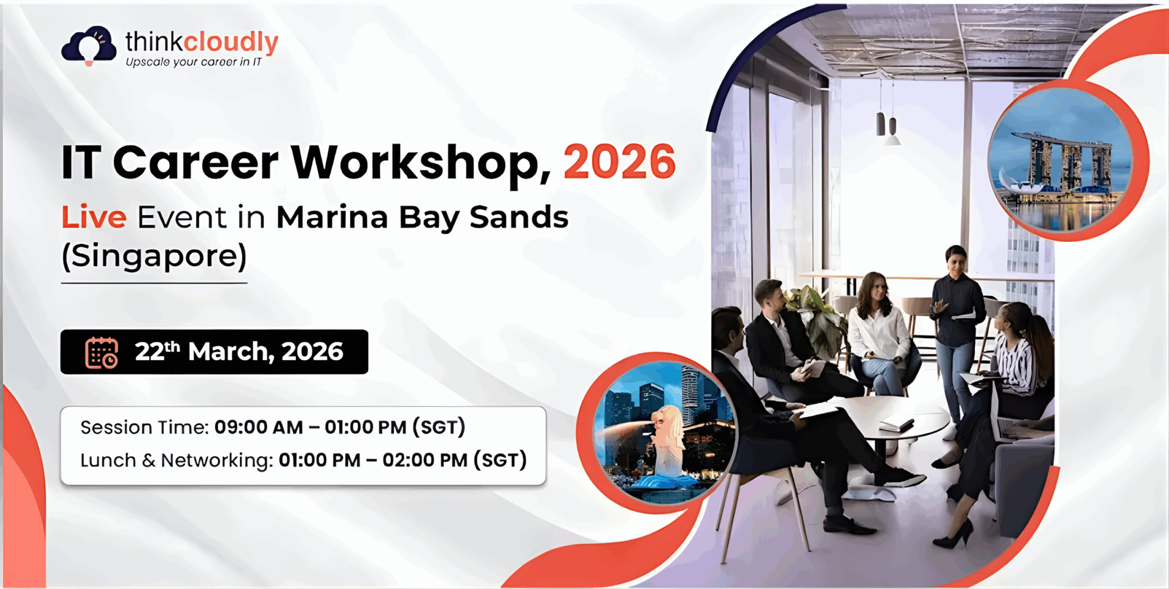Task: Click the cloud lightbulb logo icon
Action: tap(89, 45)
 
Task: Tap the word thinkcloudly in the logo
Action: tap(202, 42)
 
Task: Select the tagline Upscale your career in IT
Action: tap(194, 62)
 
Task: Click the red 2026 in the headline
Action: tap(619, 162)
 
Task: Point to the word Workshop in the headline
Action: tap(421, 163)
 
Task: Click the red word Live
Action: tap(94, 217)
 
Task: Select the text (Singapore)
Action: tap(154, 256)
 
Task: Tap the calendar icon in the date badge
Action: tap(101, 353)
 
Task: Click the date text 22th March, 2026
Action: tap(239, 351)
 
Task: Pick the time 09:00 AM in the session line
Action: tap(259, 428)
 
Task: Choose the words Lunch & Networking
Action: tap(176, 460)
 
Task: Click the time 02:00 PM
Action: tap(425, 460)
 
